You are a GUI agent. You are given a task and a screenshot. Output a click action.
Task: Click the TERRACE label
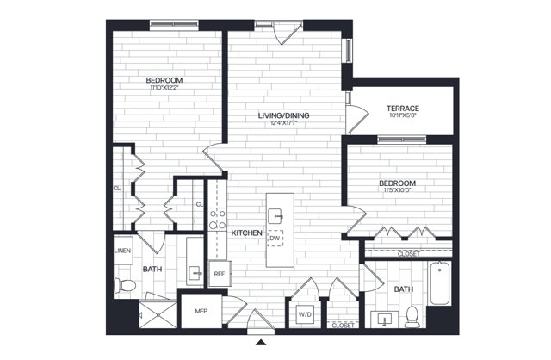click(x=403, y=108)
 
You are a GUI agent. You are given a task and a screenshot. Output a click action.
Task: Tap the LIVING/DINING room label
click(x=283, y=115)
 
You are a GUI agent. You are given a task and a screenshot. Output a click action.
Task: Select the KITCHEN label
click(x=246, y=233)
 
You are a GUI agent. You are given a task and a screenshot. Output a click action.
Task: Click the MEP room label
click(x=201, y=311)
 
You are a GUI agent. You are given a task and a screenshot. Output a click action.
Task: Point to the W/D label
click(x=306, y=314)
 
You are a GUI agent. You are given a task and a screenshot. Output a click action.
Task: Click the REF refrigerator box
click(x=220, y=274)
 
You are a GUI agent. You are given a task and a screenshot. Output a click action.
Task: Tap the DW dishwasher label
click(x=275, y=239)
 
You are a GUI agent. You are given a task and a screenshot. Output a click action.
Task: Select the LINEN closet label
click(x=121, y=251)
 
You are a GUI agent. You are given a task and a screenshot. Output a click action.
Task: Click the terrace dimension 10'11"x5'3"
click(x=403, y=116)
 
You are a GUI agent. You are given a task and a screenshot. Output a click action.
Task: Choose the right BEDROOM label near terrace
click(x=398, y=183)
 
